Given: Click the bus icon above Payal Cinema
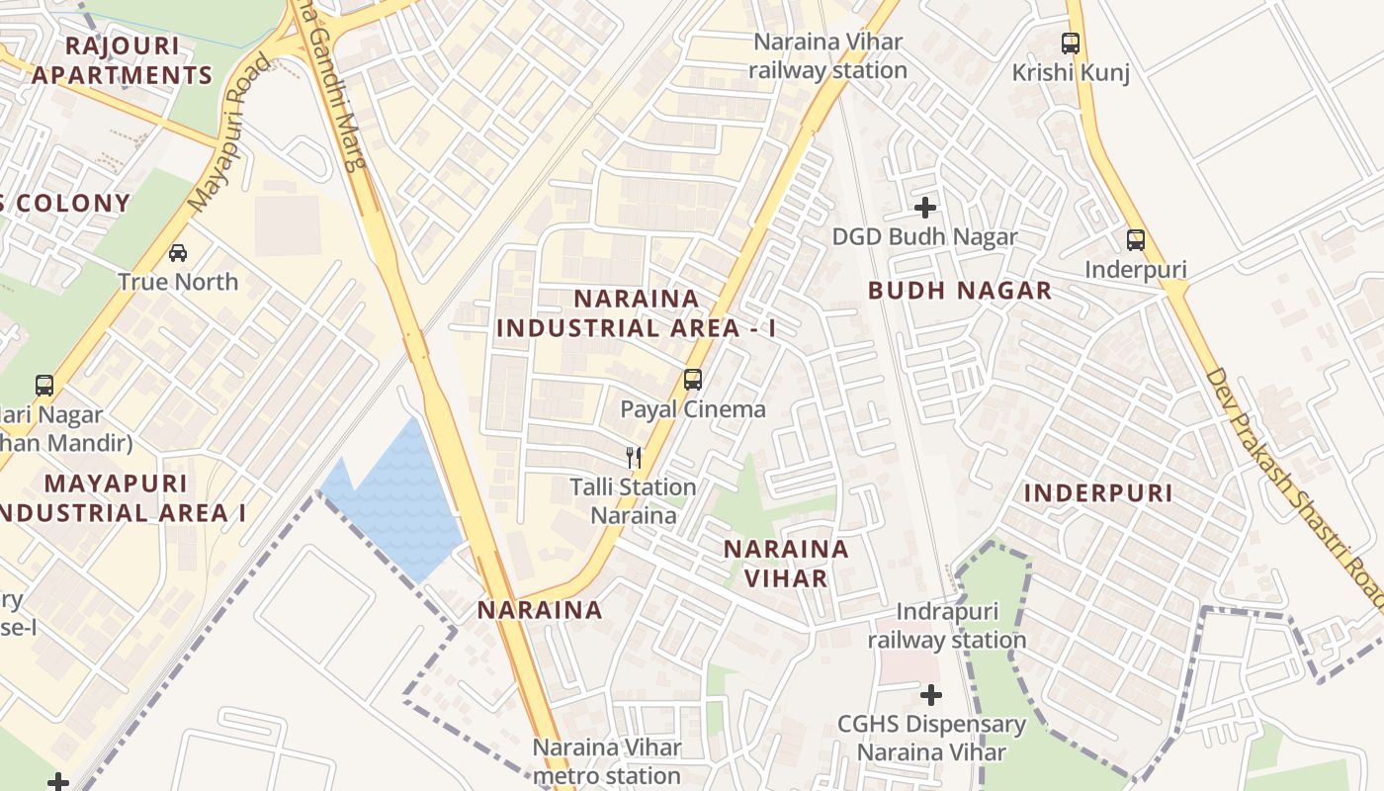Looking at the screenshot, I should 693,380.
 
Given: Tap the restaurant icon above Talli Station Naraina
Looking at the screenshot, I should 634,458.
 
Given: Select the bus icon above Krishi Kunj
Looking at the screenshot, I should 1071,44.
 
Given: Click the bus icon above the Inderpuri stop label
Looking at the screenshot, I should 1136,239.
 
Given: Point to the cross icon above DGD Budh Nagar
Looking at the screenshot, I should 925,208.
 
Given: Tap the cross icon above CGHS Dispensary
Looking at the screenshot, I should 931,695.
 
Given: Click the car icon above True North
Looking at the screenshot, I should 178,253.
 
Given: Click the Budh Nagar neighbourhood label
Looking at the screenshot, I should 959,291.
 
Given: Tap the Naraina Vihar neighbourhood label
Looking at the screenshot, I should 786,564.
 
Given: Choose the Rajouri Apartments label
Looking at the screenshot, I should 122,60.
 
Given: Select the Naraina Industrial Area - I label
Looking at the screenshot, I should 636,313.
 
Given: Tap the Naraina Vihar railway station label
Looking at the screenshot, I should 827,56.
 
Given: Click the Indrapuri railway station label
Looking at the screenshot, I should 947,626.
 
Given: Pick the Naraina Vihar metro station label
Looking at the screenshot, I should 607,761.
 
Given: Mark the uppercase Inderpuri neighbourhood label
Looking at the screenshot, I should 1097,493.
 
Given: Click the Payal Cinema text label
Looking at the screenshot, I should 693,409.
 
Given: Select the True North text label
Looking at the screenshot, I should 178,282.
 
